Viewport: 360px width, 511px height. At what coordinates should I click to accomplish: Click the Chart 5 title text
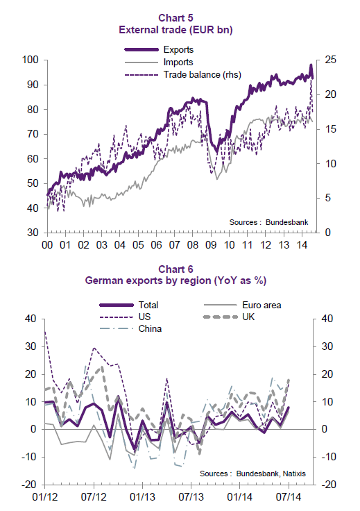(x=175, y=17)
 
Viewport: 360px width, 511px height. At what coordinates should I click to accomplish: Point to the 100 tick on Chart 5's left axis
(x=31, y=60)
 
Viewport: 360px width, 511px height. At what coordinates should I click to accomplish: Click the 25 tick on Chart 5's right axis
(x=330, y=60)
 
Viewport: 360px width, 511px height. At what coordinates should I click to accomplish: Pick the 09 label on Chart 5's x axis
(x=211, y=245)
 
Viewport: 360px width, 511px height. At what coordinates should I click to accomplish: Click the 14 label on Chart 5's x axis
(x=302, y=245)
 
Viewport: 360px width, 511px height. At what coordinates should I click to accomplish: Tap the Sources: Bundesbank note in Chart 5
(x=268, y=222)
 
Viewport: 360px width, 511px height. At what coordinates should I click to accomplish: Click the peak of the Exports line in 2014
(x=311, y=65)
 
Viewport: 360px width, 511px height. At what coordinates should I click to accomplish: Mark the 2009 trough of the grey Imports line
(x=217, y=179)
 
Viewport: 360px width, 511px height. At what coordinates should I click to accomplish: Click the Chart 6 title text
(x=175, y=269)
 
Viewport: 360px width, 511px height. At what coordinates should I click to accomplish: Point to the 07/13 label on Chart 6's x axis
(x=191, y=497)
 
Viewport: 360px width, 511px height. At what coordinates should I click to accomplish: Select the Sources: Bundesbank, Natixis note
(x=252, y=474)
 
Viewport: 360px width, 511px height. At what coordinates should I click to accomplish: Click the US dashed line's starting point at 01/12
(x=44, y=331)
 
